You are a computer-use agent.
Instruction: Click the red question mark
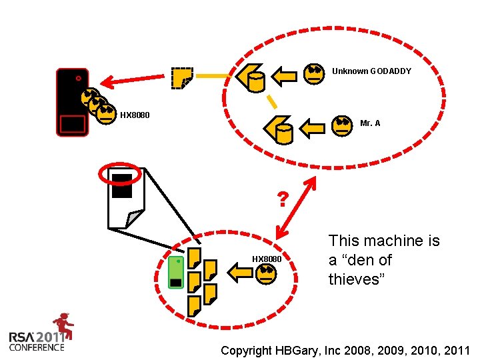tap(283, 199)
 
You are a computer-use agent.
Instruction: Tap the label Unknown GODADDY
tap(371, 71)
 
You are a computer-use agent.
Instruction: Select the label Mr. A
tap(370, 123)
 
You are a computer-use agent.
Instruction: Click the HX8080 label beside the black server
tap(135, 115)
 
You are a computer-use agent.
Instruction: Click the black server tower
tap(72, 102)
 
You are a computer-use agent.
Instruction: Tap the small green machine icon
tap(176, 272)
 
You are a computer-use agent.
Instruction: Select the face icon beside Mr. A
tap(342, 124)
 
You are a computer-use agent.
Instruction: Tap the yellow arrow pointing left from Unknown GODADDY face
tap(285, 75)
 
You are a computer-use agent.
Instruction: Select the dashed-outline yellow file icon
tap(181, 78)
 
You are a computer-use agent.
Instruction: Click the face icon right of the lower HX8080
tap(267, 273)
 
